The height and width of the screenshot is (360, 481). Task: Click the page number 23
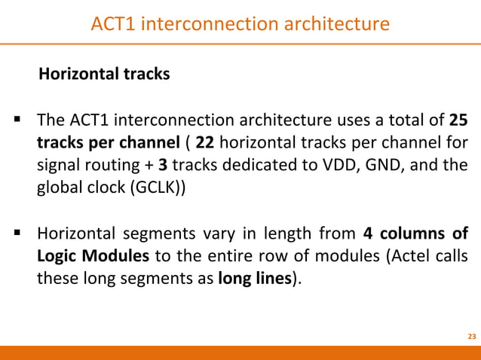[472, 337]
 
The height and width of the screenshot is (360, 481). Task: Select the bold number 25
[458, 120]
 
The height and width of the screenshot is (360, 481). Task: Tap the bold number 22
[204, 142]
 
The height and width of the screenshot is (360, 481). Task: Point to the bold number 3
[163, 165]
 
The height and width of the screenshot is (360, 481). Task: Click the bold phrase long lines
[255, 278]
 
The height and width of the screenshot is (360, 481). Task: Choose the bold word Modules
[115, 255]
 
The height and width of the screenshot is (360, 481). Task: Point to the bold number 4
[367, 233]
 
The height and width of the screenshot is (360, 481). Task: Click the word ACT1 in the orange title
[113, 23]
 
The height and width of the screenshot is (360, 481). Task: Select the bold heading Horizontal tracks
[104, 74]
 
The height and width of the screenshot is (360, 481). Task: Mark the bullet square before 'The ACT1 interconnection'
[17, 119]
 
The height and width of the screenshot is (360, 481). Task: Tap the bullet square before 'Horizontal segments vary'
[17, 233]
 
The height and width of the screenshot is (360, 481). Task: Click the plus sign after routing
[149, 166]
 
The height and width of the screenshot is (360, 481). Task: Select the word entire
[225, 255]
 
